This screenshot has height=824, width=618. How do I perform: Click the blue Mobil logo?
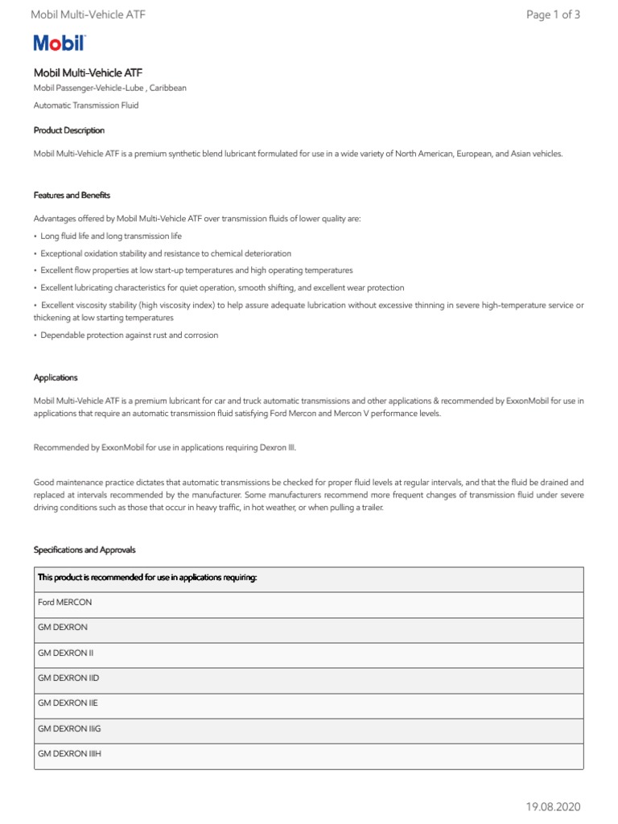(59, 44)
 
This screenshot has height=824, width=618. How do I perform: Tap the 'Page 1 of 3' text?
(552, 14)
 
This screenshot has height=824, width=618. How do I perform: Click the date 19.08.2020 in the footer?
(553, 806)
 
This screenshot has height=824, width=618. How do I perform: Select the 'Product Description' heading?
(68, 130)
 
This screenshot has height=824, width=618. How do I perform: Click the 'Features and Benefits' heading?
(72, 195)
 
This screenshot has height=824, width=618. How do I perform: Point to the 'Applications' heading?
(56, 377)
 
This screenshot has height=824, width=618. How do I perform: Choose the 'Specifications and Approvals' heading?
(84, 550)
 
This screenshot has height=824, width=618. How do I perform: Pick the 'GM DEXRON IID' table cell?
(68, 678)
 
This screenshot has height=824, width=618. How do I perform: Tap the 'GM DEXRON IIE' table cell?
(68, 703)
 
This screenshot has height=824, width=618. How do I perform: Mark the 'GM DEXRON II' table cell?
(66, 653)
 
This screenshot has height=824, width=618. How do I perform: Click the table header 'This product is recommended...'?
(147, 578)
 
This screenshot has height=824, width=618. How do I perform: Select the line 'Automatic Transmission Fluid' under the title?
(86, 105)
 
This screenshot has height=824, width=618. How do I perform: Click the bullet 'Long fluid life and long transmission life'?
(110, 236)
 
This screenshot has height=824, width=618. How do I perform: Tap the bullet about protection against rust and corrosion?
(129, 335)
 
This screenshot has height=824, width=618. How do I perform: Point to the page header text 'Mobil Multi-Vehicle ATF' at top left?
(88, 14)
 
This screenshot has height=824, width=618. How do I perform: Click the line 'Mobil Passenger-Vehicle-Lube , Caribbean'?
(109, 88)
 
